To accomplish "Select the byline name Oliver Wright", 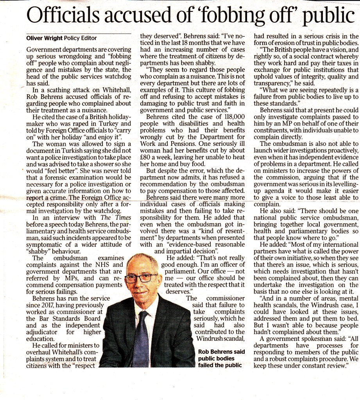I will [x=43, y=38].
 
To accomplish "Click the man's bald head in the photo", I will [x=142, y=261].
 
